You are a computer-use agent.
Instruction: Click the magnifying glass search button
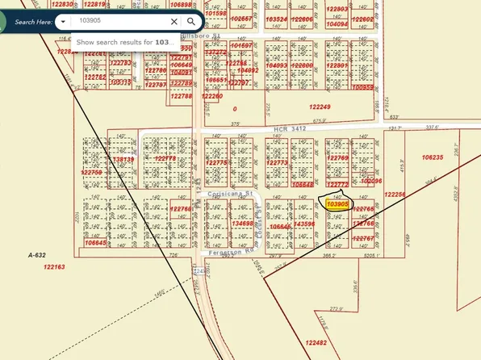pos(190,22)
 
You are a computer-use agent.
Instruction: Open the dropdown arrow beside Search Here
pos(64,22)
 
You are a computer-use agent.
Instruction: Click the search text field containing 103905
pos(121,22)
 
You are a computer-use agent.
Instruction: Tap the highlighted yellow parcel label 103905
pos(337,204)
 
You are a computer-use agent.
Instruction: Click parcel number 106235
pos(433,157)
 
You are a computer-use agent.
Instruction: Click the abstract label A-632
pos(37,254)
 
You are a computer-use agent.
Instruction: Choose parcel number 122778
pos(165,158)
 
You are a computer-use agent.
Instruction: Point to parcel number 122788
pos(182,96)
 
